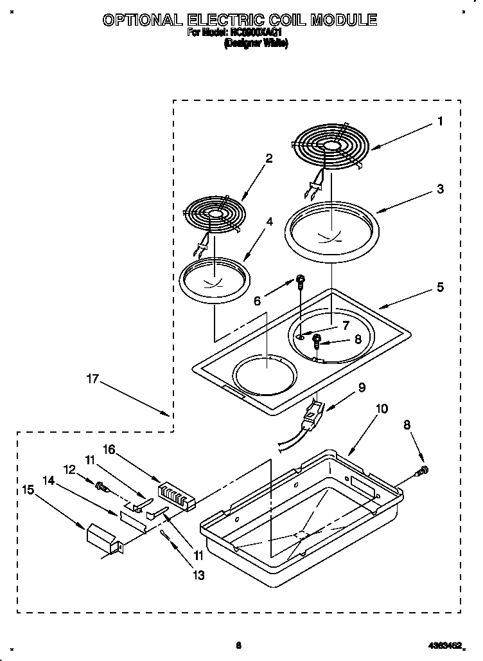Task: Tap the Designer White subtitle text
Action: (255, 44)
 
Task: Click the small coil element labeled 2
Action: (215, 212)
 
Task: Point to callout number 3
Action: (440, 189)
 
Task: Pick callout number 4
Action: (270, 222)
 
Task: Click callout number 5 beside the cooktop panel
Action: (440, 287)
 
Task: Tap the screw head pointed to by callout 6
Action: (300, 279)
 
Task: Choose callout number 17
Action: (92, 379)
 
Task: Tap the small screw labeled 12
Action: (101, 486)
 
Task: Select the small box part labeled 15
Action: (102, 536)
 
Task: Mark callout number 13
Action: (199, 575)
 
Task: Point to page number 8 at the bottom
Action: (238, 646)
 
